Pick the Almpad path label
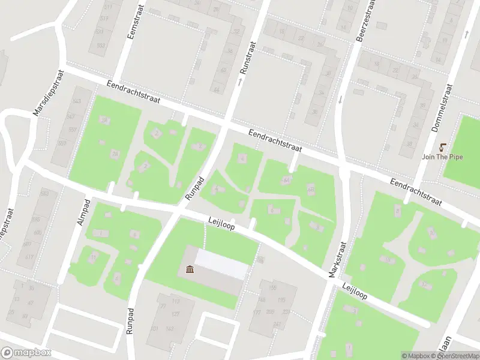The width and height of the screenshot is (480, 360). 83,212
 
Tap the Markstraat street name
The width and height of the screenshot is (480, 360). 338,259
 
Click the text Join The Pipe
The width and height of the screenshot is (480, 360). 443,157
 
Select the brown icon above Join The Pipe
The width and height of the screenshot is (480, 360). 443,147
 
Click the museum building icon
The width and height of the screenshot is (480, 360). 190,270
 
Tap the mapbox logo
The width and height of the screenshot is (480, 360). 26,353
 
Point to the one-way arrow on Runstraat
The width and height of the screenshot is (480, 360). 240,80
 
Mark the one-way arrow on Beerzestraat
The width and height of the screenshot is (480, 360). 339,99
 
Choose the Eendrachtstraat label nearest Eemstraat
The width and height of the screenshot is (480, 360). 133,94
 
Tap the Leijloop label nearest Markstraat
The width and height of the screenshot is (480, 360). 354,292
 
